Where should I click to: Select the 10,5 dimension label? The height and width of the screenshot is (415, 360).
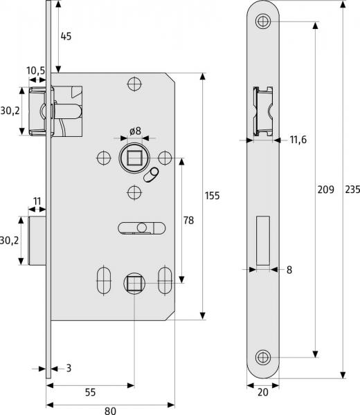click(36, 71)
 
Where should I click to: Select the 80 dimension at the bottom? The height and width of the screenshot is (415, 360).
click(110, 410)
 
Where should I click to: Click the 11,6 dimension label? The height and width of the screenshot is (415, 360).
click(298, 140)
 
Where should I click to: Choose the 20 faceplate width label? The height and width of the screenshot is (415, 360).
click(263, 392)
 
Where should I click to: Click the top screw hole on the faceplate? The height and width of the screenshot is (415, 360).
click(262, 21)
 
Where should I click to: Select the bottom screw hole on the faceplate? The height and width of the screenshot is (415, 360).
click(262, 358)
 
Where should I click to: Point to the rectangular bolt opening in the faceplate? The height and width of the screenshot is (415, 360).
click(262, 241)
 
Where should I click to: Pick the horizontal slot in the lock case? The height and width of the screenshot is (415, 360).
click(141, 228)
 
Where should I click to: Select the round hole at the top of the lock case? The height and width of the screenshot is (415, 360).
click(134, 84)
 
